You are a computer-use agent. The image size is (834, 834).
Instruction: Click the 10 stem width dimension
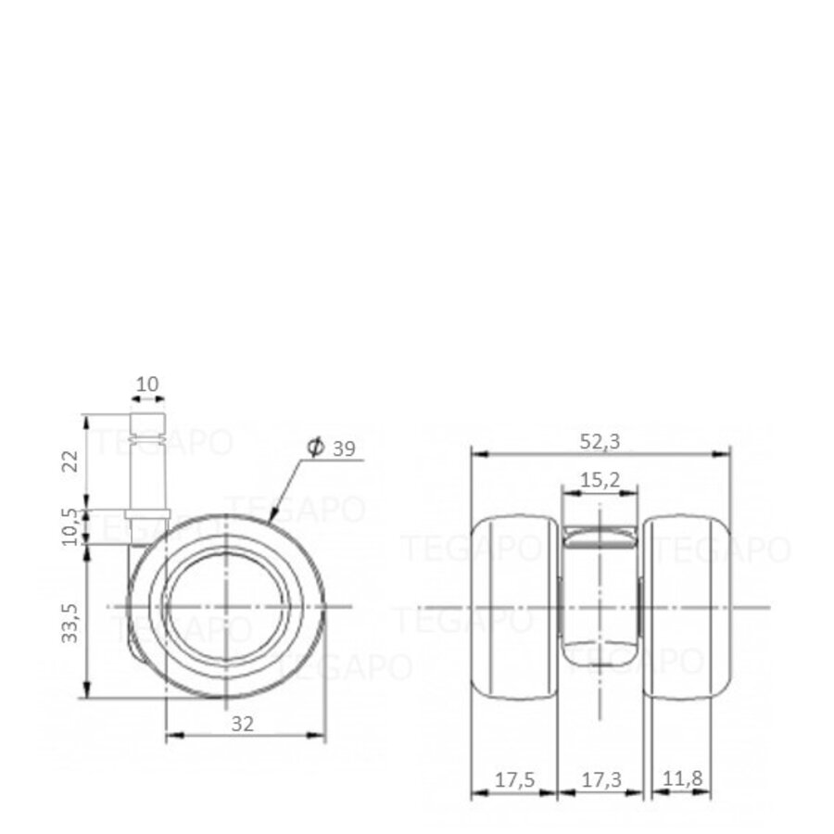point(148,383)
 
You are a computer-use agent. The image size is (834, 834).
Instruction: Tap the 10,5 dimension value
point(69,525)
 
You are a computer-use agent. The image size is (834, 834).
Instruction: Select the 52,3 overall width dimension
point(600,442)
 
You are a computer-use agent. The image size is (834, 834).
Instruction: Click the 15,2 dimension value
point(600,480)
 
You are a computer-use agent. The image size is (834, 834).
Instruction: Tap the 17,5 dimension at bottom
point(513,779)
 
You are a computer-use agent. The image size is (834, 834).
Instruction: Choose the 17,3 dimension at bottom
point(600,779)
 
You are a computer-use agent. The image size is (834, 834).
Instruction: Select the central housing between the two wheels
point(600,593)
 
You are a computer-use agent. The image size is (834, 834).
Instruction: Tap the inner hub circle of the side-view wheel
point(226,607)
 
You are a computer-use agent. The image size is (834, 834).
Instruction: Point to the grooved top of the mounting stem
point(148,428)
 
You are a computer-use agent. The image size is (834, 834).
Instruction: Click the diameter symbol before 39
point(314,449)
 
